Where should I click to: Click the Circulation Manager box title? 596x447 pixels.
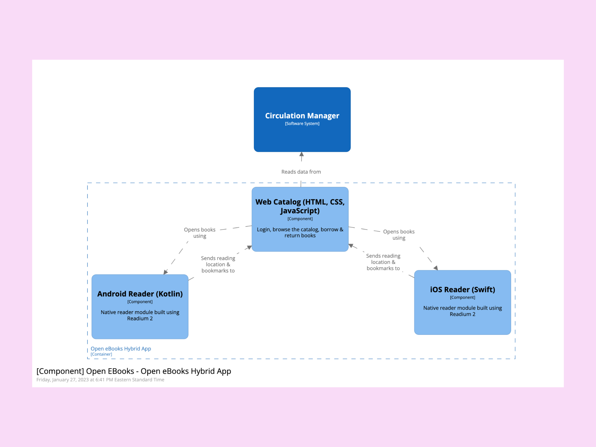coord(302,116)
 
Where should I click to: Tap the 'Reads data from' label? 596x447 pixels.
coord(301,172)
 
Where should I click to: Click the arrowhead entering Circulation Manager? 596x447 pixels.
coord(301,154)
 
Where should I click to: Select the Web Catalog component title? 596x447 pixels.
coord(300,206)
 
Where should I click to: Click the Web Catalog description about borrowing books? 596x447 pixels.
coord(300,232)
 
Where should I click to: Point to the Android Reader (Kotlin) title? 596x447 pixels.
coord(140,294)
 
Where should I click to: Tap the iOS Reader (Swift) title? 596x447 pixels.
coord(462,289)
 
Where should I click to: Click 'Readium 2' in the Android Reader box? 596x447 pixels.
coord(140,318)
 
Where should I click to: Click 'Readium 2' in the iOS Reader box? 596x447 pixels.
coord(462,314)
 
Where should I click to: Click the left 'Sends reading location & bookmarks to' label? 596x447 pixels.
coord(218,264)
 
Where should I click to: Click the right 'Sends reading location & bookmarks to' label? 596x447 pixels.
coord(383,262)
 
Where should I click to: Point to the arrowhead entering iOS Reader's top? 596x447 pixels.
coord(436,268)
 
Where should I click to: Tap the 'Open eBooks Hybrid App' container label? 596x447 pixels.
coord(121,349)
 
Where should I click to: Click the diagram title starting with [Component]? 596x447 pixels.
coord(134,371)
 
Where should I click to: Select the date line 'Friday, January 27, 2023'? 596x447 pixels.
coord(100,380)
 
